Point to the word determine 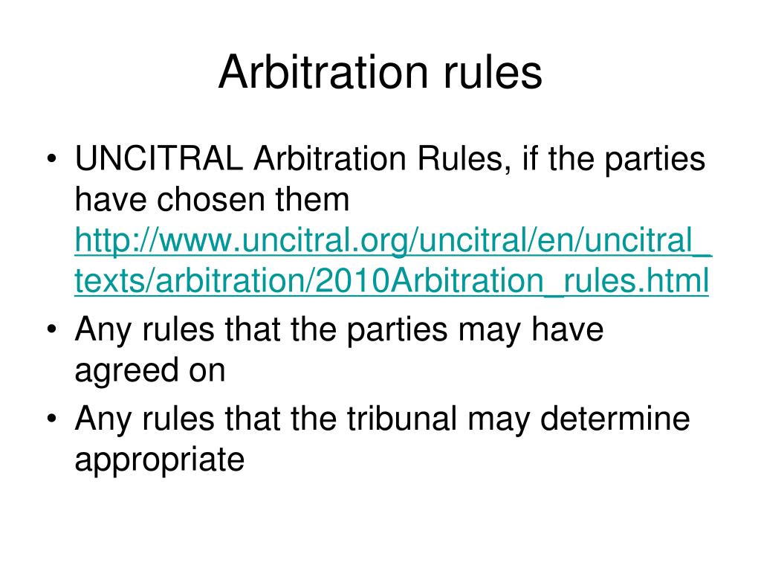tap(616, 419)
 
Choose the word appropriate tap(159, 459)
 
